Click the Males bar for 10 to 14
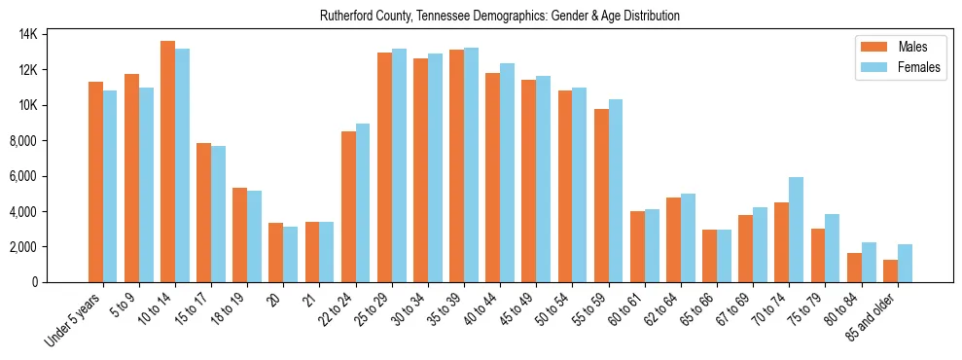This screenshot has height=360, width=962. (x=167, y=162)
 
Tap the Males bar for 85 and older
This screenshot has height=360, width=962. (x=890, y=270)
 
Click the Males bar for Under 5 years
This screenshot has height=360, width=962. (x=95, y=182)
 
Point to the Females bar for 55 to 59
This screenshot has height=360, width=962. (x=616, y=191)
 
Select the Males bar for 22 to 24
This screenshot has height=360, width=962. (x=348, y=206)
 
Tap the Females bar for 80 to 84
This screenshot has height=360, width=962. (x=869, y=262)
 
